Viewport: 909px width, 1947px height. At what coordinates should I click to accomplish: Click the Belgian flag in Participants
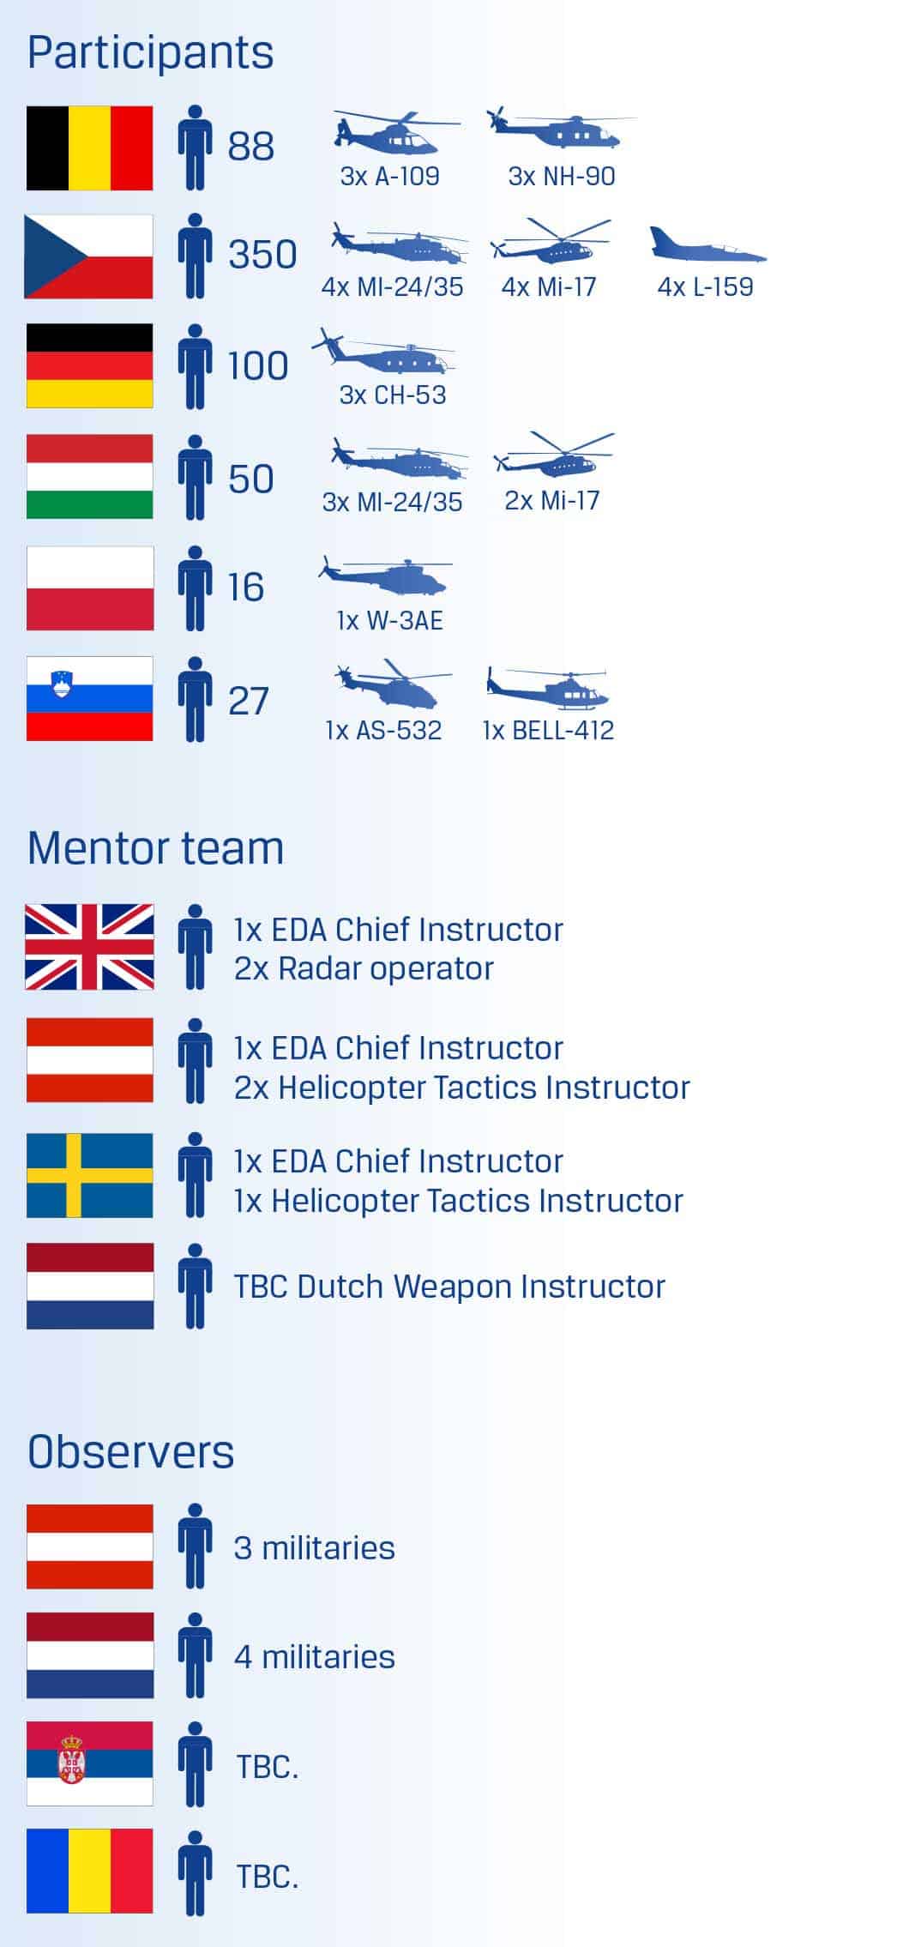coord(90,148)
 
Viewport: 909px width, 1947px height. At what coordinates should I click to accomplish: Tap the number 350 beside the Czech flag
coord(262,255)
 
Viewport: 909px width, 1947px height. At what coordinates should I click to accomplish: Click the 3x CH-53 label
coord(393,395)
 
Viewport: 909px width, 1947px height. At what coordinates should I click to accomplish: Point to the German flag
coord(90,365)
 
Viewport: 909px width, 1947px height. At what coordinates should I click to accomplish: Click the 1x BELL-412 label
coord(549,731)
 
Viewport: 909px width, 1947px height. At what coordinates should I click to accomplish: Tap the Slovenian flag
coord(90,698)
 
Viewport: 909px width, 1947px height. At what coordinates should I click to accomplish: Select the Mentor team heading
coord(155,848)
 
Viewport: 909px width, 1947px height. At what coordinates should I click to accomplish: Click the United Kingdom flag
coord(90,947)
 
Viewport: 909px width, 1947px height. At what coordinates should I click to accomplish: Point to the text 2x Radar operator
coord(364,968)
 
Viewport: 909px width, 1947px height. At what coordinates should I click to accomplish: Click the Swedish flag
coord(90,1175)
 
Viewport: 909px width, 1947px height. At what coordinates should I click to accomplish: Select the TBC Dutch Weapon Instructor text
coord(449,1287)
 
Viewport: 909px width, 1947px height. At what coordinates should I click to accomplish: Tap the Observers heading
coord(130,1452)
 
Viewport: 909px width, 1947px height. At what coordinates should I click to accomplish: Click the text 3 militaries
coord(314,1548)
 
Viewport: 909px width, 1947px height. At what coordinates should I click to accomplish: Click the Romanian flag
coord(90,1871)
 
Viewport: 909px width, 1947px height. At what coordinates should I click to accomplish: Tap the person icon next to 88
coord(196,148)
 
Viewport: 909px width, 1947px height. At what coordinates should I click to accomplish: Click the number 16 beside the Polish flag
coord(246,588)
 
